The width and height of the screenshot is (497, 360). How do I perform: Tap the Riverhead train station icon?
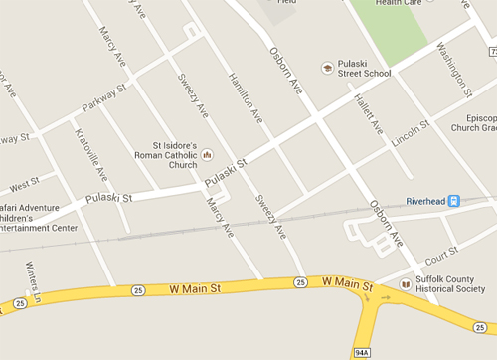pos(453,200)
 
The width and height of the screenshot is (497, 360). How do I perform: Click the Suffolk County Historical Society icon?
pos(405,285)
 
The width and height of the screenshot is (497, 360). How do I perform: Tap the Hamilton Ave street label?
pos(245,95)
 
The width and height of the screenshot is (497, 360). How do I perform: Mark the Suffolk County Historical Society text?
pos(452,285)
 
